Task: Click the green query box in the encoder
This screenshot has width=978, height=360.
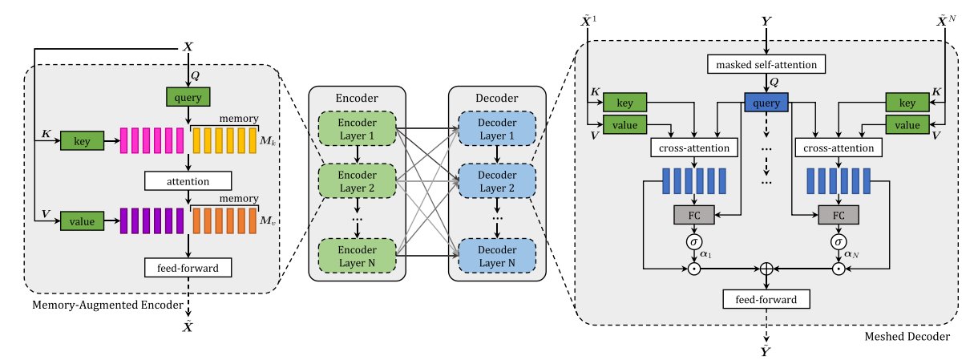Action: [x=188, y=97]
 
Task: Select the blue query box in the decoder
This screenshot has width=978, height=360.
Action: [x=767, y=103]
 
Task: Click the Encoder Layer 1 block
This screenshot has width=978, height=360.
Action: [x=357, y=129]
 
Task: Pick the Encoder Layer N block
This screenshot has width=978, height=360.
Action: [x=357, y=256]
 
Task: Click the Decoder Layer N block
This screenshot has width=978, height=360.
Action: [x=498, y=256]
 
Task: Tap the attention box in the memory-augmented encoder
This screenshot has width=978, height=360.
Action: [x=188, y=180]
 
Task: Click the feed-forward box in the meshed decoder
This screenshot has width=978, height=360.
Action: [x=766, y=299]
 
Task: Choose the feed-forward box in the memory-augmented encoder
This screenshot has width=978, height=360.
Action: [x=188, y=266]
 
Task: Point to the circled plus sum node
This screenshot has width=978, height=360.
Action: [x=767, y=269]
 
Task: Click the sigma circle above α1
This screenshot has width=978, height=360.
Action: [x=694, y=241]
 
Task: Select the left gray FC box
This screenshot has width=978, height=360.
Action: [x=694, y=215]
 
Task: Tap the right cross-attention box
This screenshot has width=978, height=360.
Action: [x=839, y=148]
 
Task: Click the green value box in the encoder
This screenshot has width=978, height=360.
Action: [x=81, y=220]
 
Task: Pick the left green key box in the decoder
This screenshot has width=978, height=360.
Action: [x=624, y=103]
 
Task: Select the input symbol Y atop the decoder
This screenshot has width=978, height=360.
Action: [x=767, y=14]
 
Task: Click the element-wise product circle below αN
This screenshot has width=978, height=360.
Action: [x=839, y=269]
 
